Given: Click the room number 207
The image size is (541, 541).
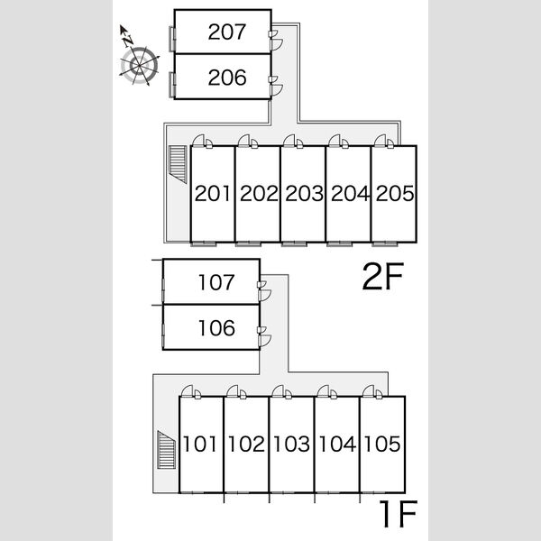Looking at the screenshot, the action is tap(227, 32).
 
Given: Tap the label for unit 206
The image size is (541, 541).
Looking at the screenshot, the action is tap(227, 78).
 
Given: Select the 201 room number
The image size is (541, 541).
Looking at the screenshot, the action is tap(212, 193).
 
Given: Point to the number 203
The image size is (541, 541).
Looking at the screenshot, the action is tap(304, 193).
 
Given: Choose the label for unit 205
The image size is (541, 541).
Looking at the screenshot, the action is tap(395, 193).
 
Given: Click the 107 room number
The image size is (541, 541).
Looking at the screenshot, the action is tap(216, 282).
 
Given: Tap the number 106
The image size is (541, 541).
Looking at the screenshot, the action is tap(216, 328).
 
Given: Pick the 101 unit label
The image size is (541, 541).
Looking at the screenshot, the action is tap(200, 444).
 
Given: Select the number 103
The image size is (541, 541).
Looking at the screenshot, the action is tap(291, 444).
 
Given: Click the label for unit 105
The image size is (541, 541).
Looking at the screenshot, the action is tap(382, 444).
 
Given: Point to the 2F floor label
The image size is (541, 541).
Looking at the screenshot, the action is tap(383, 277).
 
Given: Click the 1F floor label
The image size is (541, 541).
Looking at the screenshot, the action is tap(398, 514).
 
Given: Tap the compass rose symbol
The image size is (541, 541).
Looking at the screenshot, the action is tap(139, 65).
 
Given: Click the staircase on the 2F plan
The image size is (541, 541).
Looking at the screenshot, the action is tap(178, 164).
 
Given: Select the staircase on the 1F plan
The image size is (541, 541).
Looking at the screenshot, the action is tap(166, 450).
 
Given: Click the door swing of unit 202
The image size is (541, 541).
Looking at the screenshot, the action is tap(243, 141).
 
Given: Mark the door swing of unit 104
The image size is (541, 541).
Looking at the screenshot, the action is tap(323, 391).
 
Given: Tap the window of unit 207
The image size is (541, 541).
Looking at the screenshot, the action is tap(172, 39).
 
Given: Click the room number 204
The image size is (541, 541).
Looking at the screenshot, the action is tap(350, 193).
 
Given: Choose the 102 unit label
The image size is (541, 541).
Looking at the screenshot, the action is tap(246, 444).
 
